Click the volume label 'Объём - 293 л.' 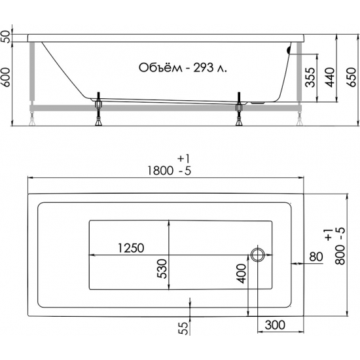pyautogui.click(x=183, y=67)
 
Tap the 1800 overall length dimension pyautogui.click(x=160, y=171)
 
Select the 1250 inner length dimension pyautogui.click(x=131, y=247)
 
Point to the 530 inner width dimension pyautogui.click(x=162, y=268)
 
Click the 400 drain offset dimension pyautogui.click(x=241, y=274)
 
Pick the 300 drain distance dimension pyautogui.click(x=275, y=325)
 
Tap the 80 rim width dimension pyautogui.click(x=316, y=257)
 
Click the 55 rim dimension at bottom pyautogui.click(x=183, y=328)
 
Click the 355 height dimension pyautogui.click(x=310, y=77)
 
